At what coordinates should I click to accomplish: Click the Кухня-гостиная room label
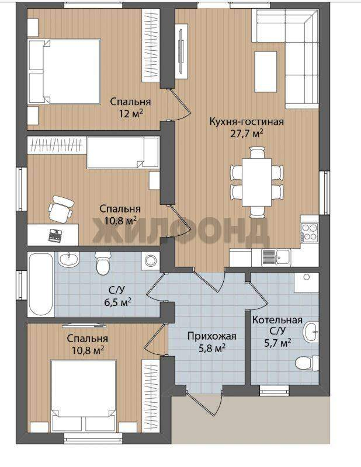coord(247,121)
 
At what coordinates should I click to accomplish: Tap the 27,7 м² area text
coord(247,133)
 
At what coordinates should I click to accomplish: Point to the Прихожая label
coord(211,336)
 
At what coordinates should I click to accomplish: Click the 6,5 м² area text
coord(118,302)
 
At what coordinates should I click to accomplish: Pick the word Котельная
coord(277,320)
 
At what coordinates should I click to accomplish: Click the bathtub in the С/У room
coord(41,284)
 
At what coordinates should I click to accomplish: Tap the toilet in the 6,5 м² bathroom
coord(103,263)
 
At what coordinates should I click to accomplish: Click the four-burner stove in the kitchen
coord(310,232)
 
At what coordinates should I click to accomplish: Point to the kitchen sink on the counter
coord(276,257)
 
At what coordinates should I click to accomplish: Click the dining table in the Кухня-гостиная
coord(256,182)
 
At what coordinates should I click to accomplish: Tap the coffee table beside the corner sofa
coord(266,72)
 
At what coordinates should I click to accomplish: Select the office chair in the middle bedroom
coord(61,209)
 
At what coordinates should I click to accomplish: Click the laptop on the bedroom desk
coord(55,235)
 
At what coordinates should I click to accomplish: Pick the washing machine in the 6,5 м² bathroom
coord(151,260)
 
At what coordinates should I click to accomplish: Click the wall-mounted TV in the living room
coord(181,51)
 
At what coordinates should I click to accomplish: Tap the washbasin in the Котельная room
coord(311,332)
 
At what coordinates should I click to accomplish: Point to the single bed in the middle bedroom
coord(123,152)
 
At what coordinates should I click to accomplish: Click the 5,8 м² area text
coord(211,347)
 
